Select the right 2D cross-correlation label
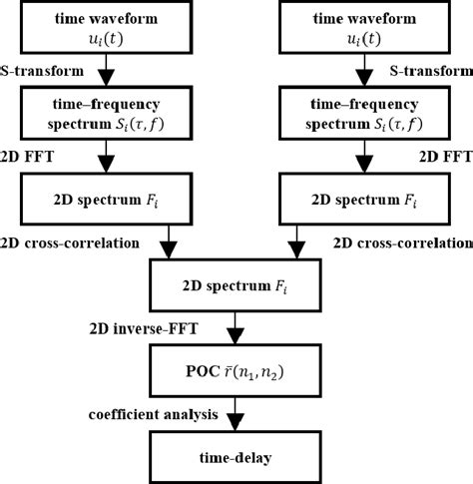pos(401,242)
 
